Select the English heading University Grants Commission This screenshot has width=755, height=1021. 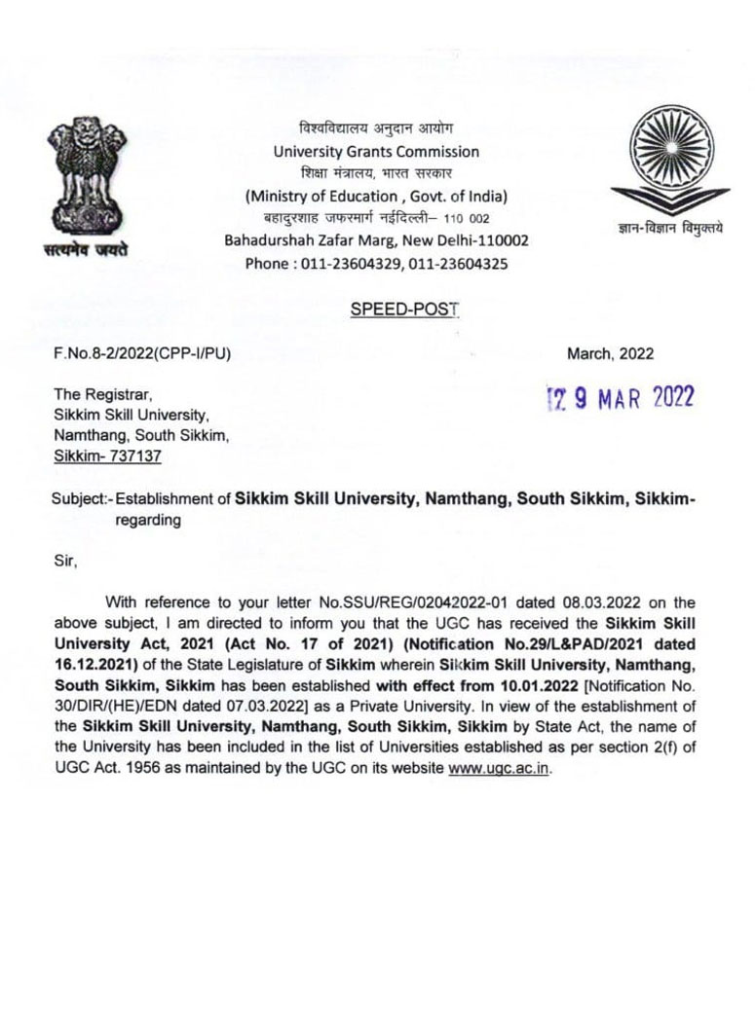tap(376, 152)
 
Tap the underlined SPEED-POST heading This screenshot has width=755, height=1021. tap(403, 310)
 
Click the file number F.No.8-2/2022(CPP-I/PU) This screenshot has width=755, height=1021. tap(142, 354)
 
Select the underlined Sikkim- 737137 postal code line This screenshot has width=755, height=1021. tap(107, 456)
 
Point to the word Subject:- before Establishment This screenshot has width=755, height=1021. tap(82, 499)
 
